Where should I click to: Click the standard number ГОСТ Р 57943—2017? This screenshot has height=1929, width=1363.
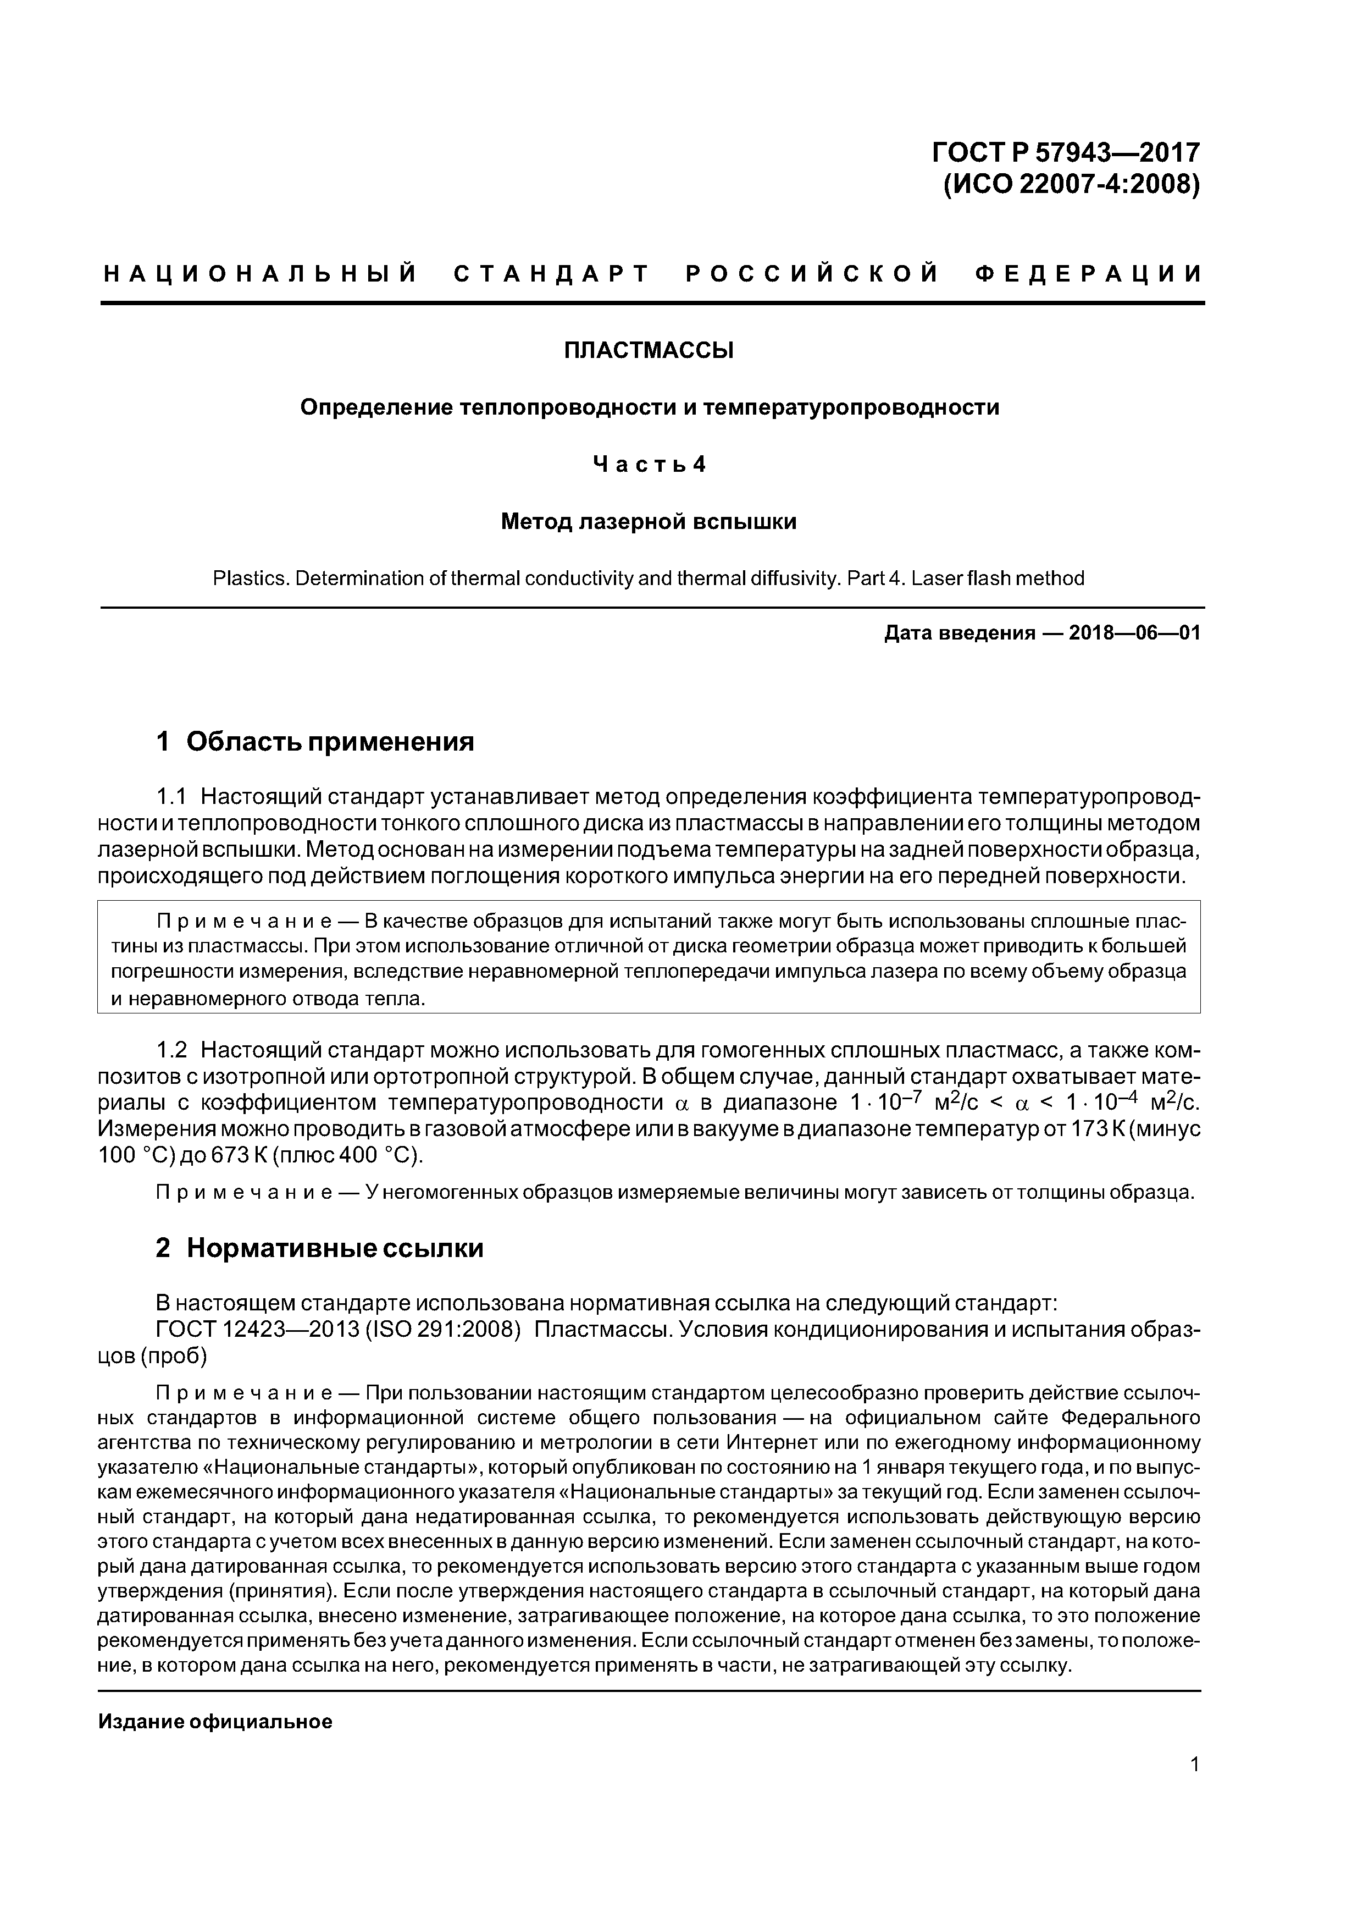click(x=1066, y=152)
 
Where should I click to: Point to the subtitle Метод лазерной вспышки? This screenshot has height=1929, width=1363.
click(x=649, y=522)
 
